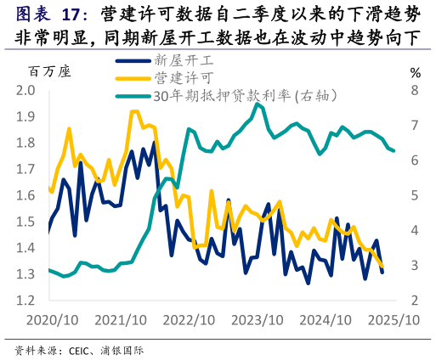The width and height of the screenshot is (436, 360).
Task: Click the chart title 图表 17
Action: [52, 14]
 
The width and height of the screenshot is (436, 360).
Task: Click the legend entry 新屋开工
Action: [184, 60]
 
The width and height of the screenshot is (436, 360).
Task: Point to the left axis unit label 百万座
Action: [48, 71]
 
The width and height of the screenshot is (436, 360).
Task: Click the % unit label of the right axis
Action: [415, 72]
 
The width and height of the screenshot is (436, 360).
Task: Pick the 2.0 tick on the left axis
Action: [26, 91]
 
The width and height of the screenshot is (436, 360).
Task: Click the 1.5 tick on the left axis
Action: [26, 222]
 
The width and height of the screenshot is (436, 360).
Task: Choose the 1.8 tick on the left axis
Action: [26, 143]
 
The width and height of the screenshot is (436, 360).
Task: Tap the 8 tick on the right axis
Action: [414, 91]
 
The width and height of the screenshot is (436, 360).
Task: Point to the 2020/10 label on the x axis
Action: [53, 321]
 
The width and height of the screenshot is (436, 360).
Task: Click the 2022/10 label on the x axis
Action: [189, 321]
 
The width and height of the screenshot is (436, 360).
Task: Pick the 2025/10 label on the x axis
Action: [393, 321]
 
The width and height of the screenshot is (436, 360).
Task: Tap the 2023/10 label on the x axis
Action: [257, 321]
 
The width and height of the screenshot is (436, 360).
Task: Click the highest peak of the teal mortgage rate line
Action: [257, 104]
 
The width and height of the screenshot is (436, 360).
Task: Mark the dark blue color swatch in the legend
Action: [133, 60]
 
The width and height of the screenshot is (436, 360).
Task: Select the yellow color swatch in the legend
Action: [133, 78]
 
